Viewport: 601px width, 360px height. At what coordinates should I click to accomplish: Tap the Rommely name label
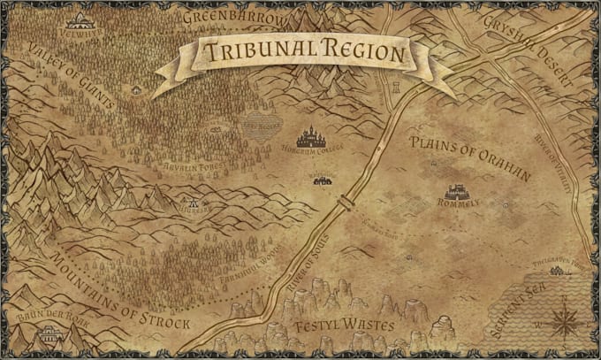[459, 203]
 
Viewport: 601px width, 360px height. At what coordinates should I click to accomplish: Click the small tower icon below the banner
[396, 87]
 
